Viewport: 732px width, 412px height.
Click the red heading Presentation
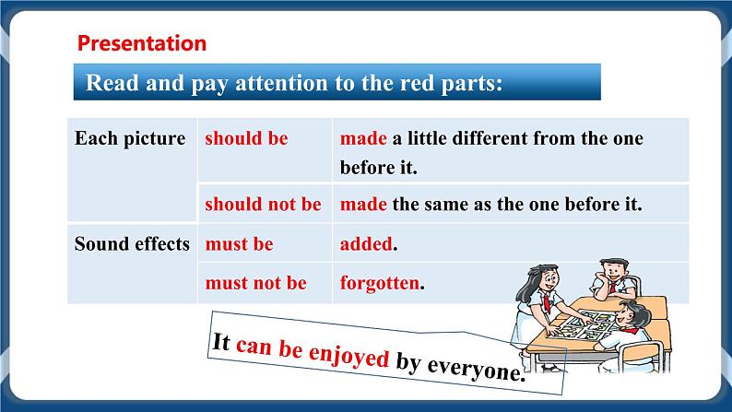(x=142, y=42)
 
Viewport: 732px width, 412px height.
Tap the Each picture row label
(x=130, y=138)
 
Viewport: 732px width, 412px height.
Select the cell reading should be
(x=246, y=138)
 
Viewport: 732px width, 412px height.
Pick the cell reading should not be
(x=263, y=204)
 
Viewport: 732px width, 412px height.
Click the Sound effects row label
(x=132, y=244)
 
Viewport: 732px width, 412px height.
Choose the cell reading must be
(x=239, y=244)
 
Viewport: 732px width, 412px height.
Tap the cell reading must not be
(x=255, y=283)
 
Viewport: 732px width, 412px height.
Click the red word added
(x=367, y=244)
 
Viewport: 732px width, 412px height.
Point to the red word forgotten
(x=380, y=283)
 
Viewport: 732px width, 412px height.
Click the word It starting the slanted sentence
(x=220, y=342)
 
